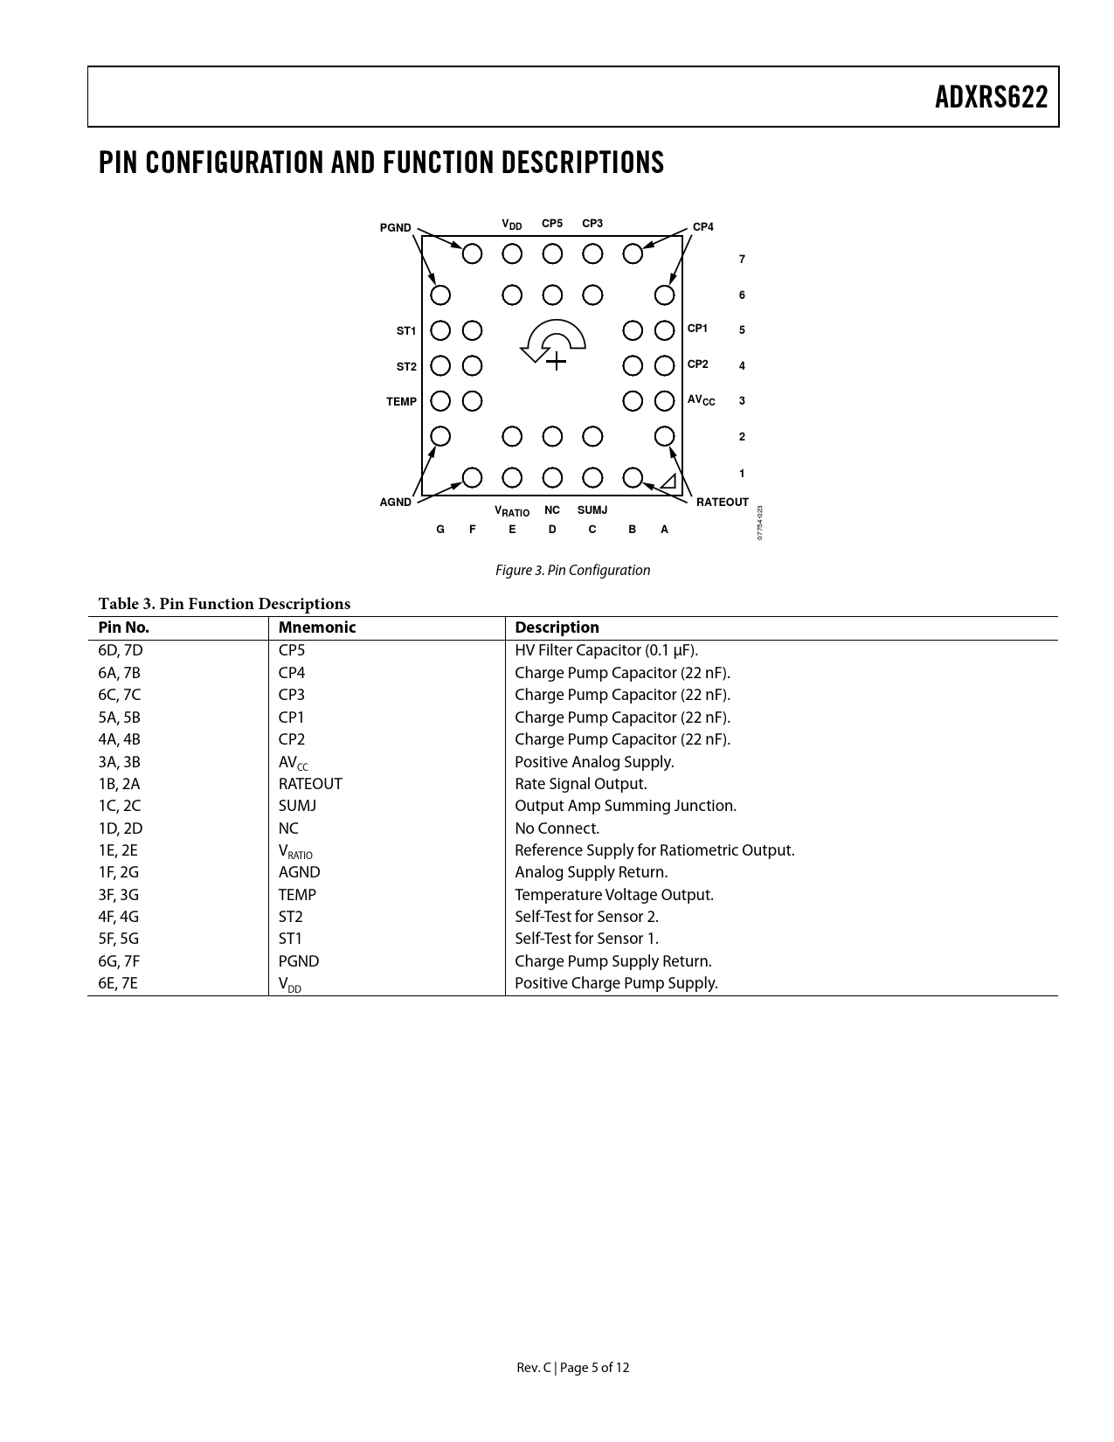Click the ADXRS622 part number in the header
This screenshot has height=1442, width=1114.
coord(991,97)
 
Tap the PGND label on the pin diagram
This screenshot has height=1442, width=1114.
coord(395,228)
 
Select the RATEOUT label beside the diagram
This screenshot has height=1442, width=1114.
coord(722,502)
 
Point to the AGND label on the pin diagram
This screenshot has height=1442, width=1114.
coord(395,503)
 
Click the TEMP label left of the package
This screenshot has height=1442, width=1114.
coord(401,402)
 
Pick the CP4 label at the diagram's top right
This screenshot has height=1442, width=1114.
coord(702,227)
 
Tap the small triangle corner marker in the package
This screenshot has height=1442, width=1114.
coord(668,482)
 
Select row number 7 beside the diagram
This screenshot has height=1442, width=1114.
coord(742,260)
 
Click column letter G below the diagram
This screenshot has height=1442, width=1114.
coord(440,530)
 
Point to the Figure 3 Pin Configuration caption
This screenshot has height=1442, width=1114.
coord(572,571)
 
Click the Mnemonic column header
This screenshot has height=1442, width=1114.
coord(317,627)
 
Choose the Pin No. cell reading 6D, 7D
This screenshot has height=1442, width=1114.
coord(121,650)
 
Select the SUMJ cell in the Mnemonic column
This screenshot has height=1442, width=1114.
coord(297,806)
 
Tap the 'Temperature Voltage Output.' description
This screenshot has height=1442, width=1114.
coord(613,895)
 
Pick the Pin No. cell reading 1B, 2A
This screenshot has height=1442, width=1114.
coord(119,784)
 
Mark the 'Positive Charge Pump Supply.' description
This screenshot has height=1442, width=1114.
coord(616,983)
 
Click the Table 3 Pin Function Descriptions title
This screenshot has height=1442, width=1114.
coord(225,604)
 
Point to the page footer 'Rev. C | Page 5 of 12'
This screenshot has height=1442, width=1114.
coord(572,1368)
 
